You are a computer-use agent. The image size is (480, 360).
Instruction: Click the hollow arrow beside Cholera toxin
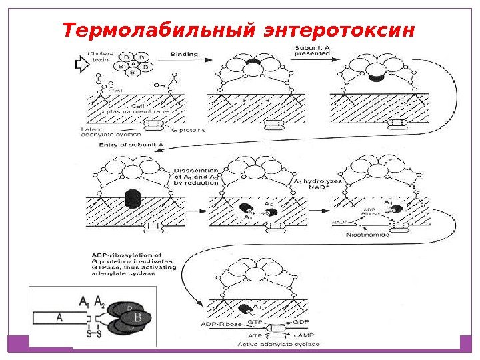pyautogui.click(x=83, y=65)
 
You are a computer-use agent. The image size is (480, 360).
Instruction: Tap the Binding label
pyautogui.click(x=185, y=54)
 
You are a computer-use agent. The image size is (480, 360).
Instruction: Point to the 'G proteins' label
pyautogui.click(x=189, y=131)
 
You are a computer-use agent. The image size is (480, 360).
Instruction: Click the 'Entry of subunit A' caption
pyautogui.click(x=126, y=144)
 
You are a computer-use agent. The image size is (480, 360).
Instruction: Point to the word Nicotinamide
pyautogui.click(x=367, y=235)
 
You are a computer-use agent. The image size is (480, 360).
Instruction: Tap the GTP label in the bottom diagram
pyautogui.click(x=255, y=321)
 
